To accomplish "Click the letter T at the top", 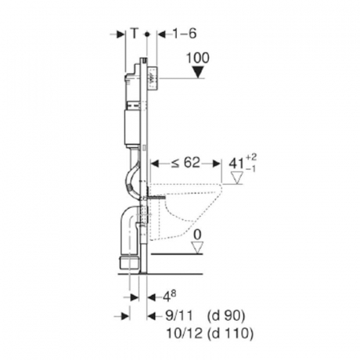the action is coord(134,34).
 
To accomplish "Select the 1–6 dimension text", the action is coord(184,34).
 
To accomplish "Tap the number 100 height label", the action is coord(198,58).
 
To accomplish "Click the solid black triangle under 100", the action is coord(198,72).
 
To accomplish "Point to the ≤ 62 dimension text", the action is coord(186,162).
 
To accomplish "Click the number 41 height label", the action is coord(236,163).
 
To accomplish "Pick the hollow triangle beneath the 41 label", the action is coord(237,178).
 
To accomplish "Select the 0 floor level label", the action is coord(198,235).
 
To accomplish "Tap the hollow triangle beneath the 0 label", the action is coord(198,247).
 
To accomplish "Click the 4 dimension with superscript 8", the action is coord(169,296).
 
